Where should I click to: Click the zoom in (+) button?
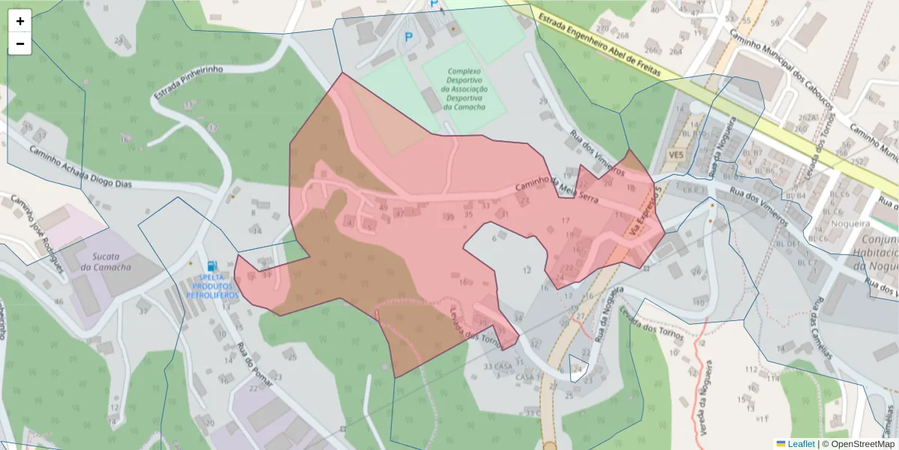tap(20, 21)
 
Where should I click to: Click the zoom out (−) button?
tap(20, 43)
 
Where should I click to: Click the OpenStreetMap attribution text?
tap(862, 443)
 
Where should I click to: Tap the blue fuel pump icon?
tap(213, 265)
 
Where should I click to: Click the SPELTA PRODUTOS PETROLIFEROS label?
tap(213, 286)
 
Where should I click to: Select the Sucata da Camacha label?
tap(106, 262)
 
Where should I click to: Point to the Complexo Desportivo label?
tap(464, 89)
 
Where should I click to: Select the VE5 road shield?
tap(676, 154)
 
